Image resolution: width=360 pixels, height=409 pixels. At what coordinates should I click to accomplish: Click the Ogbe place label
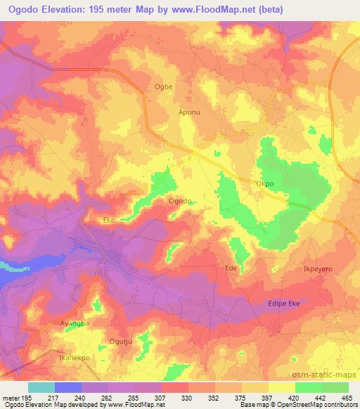(x=163, y=87)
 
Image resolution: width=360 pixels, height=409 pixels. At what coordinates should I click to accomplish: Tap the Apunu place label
(x=189, y=112)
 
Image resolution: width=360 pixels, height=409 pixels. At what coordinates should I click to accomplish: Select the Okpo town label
(x=264, y=183)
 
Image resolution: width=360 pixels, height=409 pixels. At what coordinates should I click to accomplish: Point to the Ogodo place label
(x=181, y=201)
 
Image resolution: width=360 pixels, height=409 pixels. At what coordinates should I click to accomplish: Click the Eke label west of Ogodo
(x=109, y=220)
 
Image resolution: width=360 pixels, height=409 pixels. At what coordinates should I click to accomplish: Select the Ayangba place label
(x=76, y=324)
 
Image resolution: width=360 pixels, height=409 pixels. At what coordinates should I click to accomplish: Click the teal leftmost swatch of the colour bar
(x=41, y=387)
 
